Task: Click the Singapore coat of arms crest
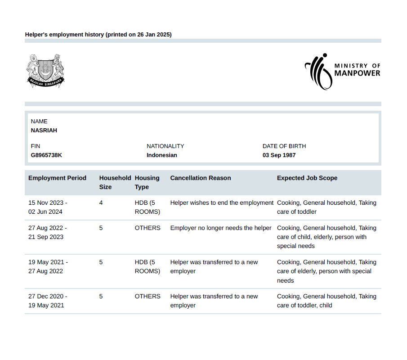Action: pyautogui.click(x=45, y=70)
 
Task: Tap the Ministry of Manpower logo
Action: pyautogui.click(x=342, y=71)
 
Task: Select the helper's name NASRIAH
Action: pyautogui.click(x=44, y=130)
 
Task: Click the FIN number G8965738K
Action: pyautogui.click(x=46, y=155)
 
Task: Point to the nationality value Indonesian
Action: pyautogui.click(x=162, y=155)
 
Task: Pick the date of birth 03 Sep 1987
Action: pyautogui.click(x=279, y=155)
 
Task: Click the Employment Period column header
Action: pyautogui.click(x=57, y=178)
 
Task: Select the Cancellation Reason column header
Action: pyautogui.click(x=201, y=178)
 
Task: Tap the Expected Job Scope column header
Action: pyautogui.click(x=307, y=178)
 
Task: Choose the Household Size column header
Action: pyautogui.click(x=115, y=182)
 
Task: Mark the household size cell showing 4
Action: pyautogui.click(x=101, y=203)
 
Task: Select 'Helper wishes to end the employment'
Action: pyautogui.click(x=222, y=203)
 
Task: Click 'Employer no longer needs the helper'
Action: pyautogui.click(x=221, y=228)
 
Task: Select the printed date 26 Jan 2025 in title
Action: pyautogui.click(x=154, y=35)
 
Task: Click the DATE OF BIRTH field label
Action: pyautogui.click(x=284, y=146)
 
